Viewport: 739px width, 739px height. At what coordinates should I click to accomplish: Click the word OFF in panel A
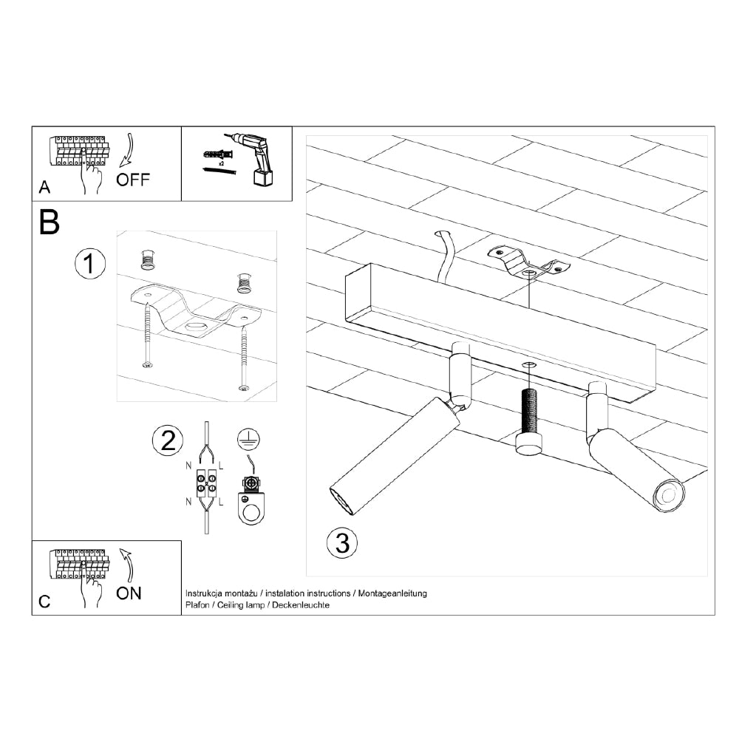[x=133, y=180]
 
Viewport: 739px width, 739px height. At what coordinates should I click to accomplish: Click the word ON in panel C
[x=129, y=592]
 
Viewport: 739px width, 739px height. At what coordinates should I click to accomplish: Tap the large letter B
[x=49, y=222]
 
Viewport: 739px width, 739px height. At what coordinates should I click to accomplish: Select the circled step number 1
[x=90, y=265]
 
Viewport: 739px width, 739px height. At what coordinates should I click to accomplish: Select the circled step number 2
[x=168, y=440]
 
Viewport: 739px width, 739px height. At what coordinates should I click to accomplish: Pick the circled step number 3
[x=342, y=543]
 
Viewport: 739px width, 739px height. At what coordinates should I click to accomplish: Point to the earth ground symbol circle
[x=248, y=439]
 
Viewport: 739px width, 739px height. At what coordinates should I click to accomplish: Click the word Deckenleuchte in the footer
[x=301, y=605]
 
